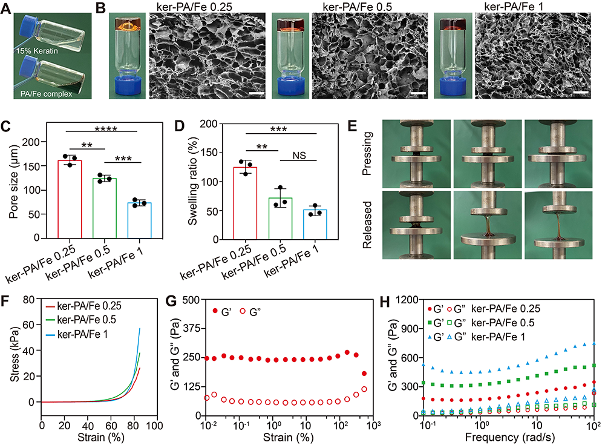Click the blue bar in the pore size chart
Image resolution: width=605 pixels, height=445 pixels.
coord(140,209)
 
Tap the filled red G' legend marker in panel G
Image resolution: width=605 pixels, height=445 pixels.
coord(215,311)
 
